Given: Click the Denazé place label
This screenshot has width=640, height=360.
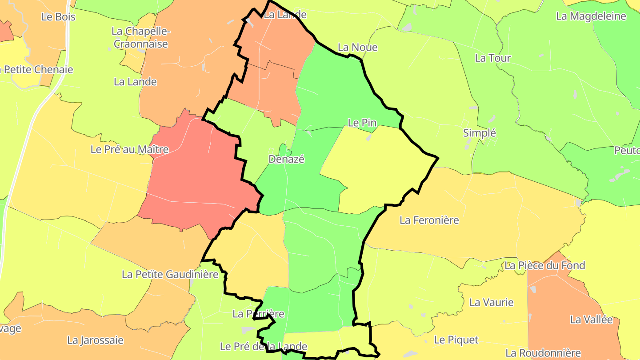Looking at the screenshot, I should click(286, 159).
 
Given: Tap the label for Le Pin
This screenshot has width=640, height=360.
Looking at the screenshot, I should click(362, 123).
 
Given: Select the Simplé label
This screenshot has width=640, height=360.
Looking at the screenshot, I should click(479, 133).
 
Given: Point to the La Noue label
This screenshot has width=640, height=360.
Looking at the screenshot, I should click(357, 47).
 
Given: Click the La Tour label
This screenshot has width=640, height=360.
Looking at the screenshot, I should click(493, 58).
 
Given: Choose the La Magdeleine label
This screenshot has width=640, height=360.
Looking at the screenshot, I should click(591, 16).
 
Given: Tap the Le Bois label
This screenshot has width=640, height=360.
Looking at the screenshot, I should click(58, 17).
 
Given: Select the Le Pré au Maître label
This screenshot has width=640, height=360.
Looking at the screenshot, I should click(129, 149).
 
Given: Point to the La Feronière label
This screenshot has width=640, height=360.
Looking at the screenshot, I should click(429, 220).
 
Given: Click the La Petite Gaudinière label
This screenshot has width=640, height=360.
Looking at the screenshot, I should click(170, 274).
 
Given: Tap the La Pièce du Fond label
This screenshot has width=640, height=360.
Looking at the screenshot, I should click(551, 265).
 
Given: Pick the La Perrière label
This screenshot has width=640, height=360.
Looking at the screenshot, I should click(258, 314).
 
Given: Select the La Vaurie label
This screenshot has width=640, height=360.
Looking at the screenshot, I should click(491, 303).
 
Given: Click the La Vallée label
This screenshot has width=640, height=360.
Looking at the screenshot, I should click(591, 320).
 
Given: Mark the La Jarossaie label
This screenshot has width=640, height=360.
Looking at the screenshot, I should click(95, 340).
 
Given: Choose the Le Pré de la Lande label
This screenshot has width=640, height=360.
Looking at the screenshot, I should click(264, 346).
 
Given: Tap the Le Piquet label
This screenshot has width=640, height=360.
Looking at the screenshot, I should click(456, 340).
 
